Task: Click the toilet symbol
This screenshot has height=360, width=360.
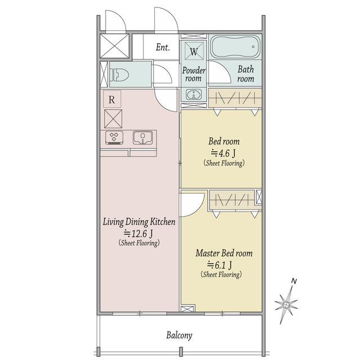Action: [119, 75]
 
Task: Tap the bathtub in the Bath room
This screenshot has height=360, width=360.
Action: [235, 47]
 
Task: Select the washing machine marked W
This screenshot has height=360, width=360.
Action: [194, 51]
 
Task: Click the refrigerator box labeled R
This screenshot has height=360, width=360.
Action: [112, 99]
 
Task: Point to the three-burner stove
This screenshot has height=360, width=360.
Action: [114, 137]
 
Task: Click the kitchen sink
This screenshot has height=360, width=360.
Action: [143, 137]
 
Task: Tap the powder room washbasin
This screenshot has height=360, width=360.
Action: [194, 94]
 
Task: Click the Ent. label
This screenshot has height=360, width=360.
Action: [163, 47]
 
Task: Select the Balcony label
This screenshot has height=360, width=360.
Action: [179, 335]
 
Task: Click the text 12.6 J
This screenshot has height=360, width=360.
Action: [139, 233]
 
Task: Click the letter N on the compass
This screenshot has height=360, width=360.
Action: [294, 281]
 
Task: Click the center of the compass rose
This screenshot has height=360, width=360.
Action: [286, 305]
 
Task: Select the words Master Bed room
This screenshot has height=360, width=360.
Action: [224, 253]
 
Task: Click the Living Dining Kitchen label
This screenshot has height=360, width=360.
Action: [139, 222]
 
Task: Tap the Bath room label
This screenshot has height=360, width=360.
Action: [246, 74]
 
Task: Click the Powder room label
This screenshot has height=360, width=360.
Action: [193, 74]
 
